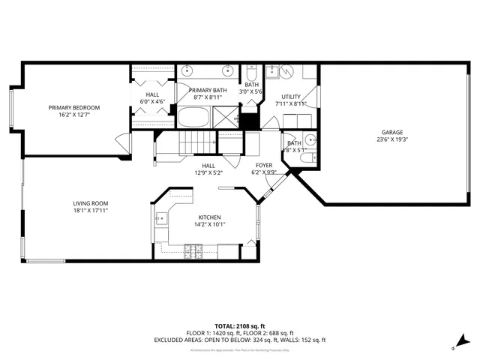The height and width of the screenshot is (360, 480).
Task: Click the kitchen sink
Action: point(160,219)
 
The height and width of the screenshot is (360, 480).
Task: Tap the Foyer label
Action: point(264,165)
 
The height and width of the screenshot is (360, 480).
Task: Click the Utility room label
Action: point(291,97)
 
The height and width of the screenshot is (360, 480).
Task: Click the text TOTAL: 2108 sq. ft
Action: point(240,326)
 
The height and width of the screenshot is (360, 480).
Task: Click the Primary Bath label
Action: point(208,90)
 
